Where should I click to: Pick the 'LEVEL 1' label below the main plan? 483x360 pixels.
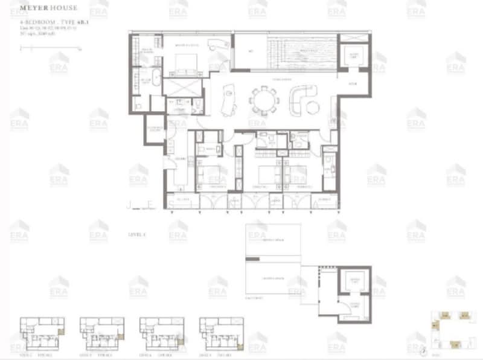pos(137,234)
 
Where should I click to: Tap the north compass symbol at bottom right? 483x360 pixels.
pos(425,349)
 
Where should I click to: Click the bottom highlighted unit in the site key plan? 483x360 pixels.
pos(455,344)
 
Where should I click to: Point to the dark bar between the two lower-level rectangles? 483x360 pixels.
pos(253,259)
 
